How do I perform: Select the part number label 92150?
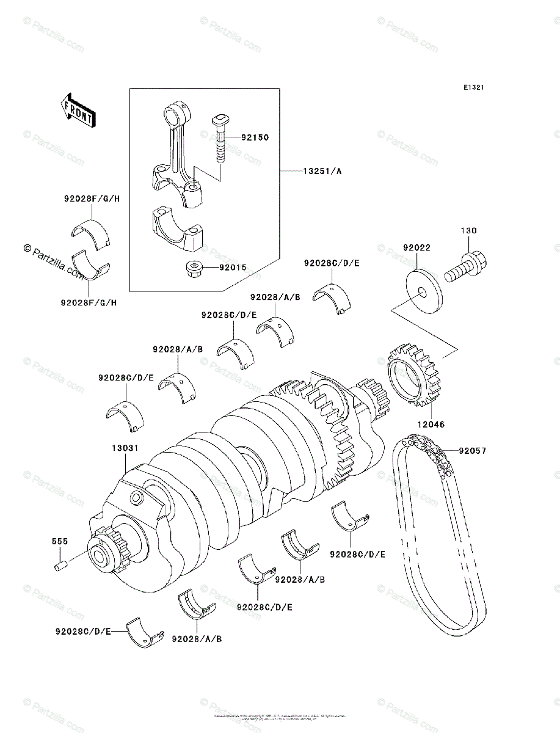254,138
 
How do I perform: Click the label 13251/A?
322,172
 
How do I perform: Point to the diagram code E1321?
473,88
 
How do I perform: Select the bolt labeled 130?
467,269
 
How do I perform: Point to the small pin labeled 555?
60,565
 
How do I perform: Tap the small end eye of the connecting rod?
176,114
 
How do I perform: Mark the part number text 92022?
416,248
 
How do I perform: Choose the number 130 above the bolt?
469,231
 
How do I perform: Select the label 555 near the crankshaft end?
60,542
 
